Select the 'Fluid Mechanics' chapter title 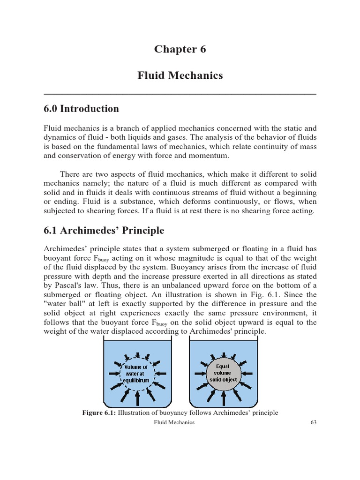coord(180,75)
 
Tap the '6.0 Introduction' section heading coord(81,109)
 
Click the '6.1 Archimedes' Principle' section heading coord(104,230)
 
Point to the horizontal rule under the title coord(180,94)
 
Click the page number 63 coord(313,422)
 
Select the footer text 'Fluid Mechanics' coord(174,422)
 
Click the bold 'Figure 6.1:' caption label coord(99,413)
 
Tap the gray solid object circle coord(223,373)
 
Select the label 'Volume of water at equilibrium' coord(136,373)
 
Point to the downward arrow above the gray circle coord(223,353)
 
